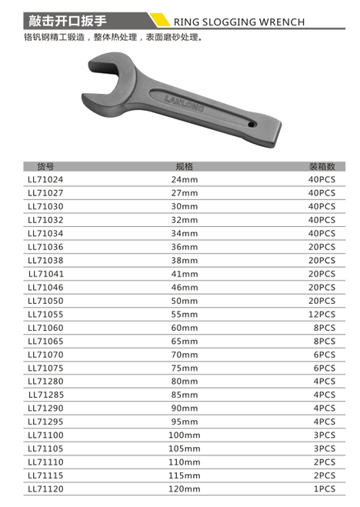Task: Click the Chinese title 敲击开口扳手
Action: point(67,21)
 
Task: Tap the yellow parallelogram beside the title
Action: point(158,19)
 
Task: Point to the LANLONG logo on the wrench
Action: point(184,104)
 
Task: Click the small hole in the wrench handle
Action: point(251,124)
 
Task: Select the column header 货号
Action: point(45,166)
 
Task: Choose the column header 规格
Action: point(184,166)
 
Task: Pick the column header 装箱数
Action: point(322,166)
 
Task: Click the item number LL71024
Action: point(45,179)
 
